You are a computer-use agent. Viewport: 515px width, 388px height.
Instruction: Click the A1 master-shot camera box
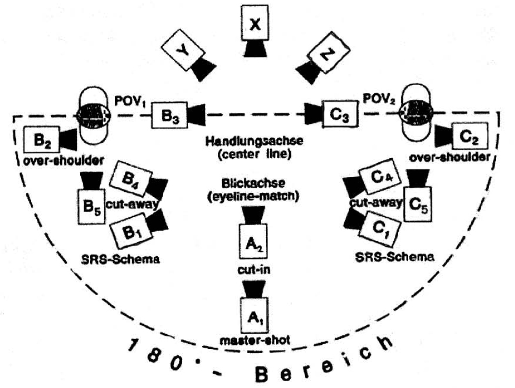pyautogui.click(x=255, y=315)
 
